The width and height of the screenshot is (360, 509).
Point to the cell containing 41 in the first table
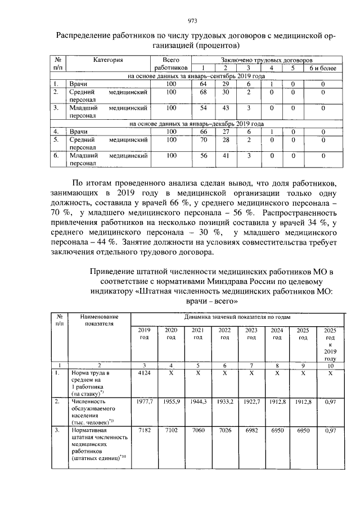click(225, 155)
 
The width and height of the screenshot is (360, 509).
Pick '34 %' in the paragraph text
click(316, 224)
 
